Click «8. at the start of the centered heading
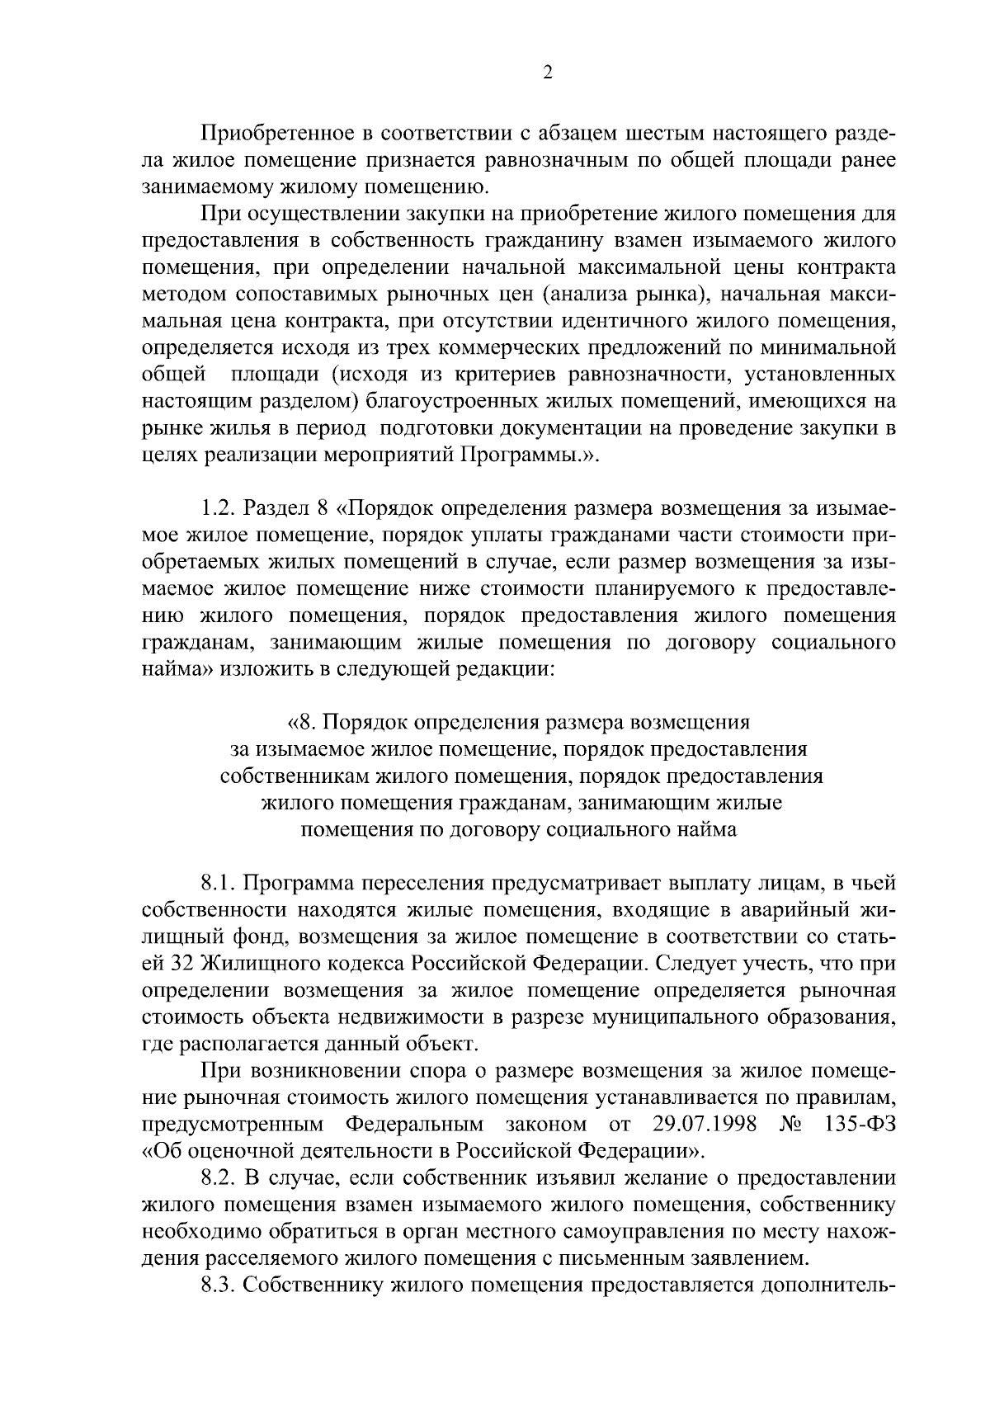301,723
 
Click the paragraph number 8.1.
218,884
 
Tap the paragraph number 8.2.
218,1178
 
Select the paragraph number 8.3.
218,1285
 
